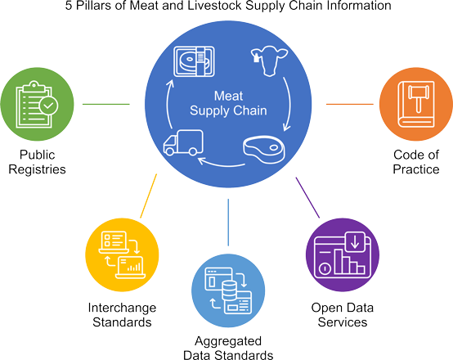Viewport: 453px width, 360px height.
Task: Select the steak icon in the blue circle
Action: click(263, 149)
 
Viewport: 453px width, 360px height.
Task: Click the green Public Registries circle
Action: click(34, 104)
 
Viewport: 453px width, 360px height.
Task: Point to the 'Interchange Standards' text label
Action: click(120, 315)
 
